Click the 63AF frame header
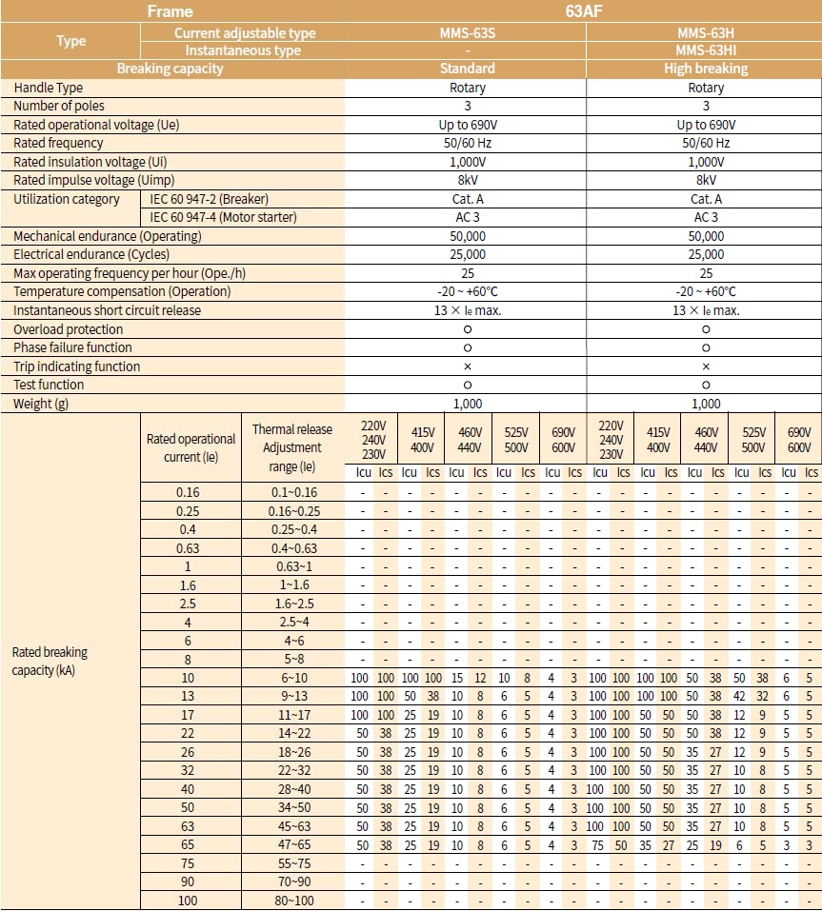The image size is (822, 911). point(583,12)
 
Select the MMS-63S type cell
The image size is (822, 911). point(467,33)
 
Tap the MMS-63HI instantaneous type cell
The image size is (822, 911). point(705,50)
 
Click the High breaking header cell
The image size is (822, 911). point(705,69)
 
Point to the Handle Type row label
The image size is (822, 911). point(49,88)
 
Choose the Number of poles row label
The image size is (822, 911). point(59,106)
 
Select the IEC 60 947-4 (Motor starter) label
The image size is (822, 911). point(223,217)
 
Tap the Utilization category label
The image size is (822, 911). point(67,199)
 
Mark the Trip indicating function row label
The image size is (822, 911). point(76,366)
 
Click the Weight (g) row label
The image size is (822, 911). point(40,404)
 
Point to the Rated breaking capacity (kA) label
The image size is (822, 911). point(50,661)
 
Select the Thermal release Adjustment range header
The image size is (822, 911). point(292,448)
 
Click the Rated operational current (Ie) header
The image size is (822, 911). point(190,447)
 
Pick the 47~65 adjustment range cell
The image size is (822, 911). point(292,844)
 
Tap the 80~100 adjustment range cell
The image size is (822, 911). point(292,900)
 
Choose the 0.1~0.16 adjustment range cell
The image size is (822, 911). point(292,492)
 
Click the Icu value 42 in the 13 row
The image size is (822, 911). point(739,696)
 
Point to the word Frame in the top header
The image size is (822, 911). point(170,12)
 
